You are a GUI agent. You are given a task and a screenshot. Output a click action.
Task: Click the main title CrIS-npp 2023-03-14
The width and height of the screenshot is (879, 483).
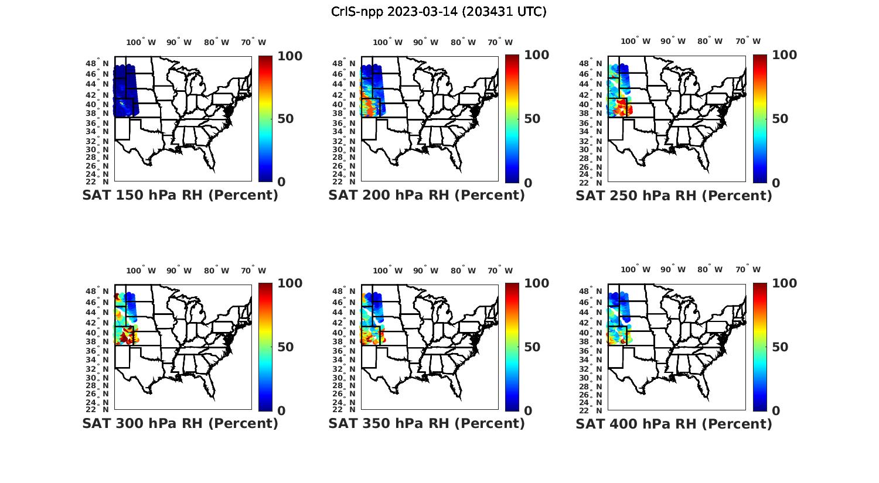click(438, 12)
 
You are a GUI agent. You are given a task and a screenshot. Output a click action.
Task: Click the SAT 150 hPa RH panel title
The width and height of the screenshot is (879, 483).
click(180, 195)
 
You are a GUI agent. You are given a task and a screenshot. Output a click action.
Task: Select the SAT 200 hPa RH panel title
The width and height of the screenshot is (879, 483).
click(427, 195)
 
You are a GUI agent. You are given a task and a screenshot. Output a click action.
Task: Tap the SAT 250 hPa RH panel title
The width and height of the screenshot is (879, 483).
click(674, 195)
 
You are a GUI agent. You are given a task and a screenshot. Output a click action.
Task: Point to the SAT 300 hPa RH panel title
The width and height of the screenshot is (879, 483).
click(180, 423)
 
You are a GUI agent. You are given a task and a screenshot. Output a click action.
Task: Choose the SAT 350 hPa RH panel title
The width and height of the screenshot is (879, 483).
click(427, 423)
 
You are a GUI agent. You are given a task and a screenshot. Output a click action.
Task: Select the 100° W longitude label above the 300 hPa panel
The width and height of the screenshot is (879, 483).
click(141, 270)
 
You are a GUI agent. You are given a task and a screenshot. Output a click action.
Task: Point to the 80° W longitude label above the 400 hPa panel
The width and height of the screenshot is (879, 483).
click(710, 269)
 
